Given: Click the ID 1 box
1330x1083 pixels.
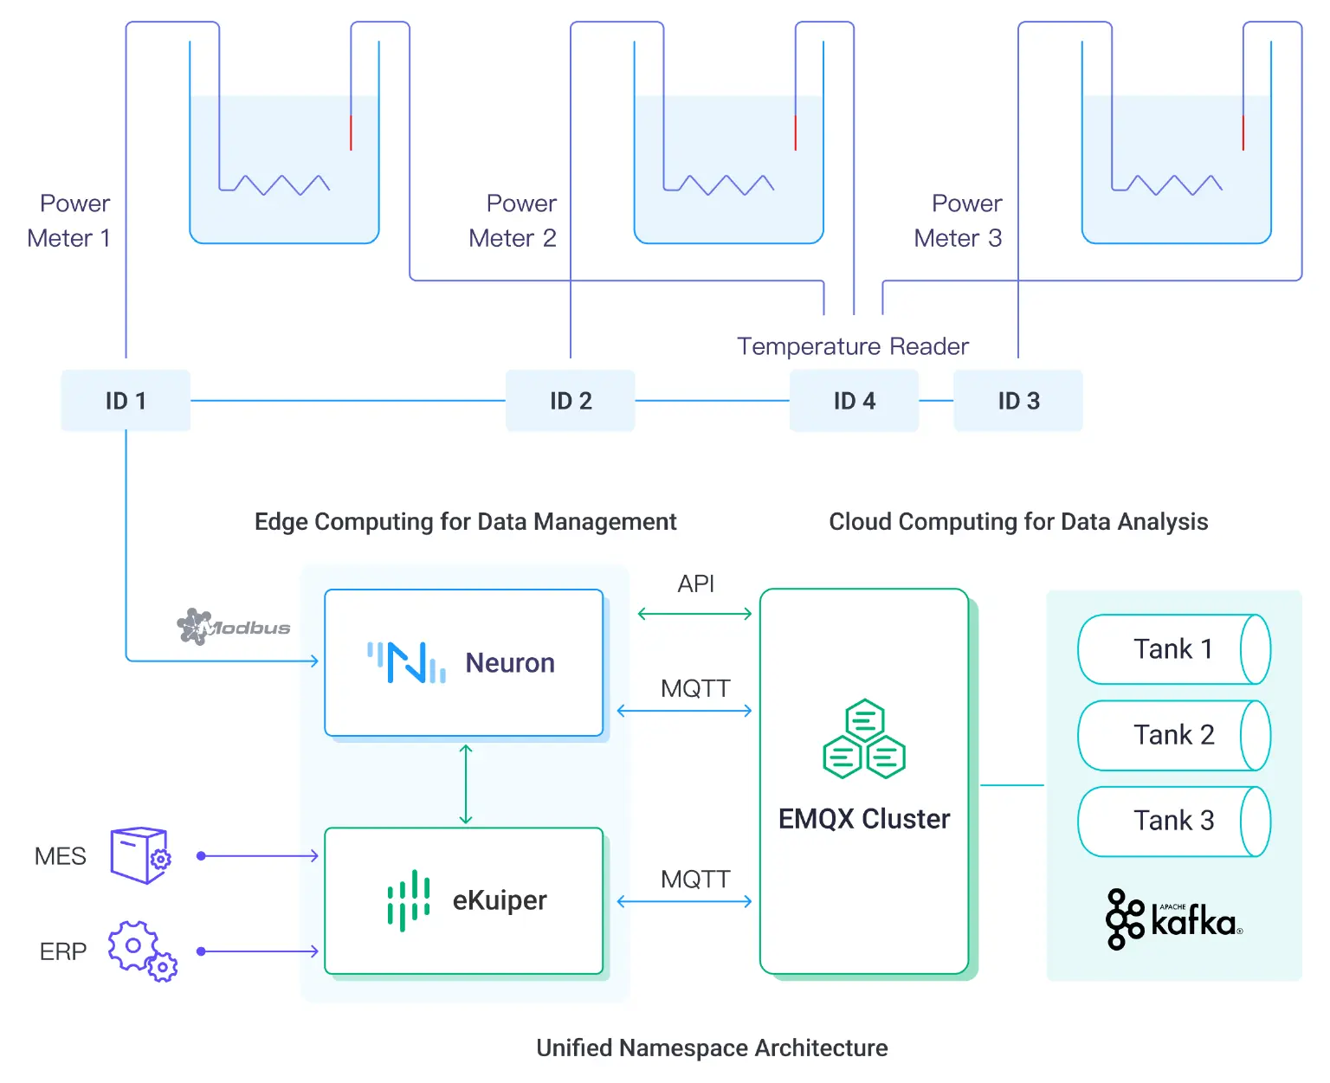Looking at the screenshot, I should tap(126, 401).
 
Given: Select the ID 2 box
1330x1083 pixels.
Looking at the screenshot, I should tap(571, 401).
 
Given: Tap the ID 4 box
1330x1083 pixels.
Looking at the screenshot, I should tap(854, 401).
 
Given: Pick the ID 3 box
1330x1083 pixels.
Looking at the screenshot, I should tap(1018, 401).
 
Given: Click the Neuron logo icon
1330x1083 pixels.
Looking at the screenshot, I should tap(406, 662).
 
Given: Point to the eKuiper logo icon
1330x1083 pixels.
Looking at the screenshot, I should tap(409, 900).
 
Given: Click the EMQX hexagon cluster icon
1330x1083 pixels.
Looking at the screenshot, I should tap(863, 739).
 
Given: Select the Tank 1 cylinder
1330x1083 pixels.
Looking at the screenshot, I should tap(1173, 649).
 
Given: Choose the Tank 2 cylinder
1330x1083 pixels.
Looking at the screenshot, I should tap(1173, 735).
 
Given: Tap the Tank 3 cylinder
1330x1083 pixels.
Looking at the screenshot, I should tap(1173, 821).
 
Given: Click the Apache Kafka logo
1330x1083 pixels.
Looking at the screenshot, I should tap(1173, 919).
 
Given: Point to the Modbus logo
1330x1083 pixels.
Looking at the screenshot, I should tap(233, 627).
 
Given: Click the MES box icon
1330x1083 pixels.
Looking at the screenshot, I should tap(140, 855).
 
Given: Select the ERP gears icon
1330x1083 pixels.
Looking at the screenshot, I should tap(142, 951).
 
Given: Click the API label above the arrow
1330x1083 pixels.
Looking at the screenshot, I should tap(695, 584).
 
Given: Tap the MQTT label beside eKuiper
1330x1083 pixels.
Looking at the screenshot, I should tap(695, 880).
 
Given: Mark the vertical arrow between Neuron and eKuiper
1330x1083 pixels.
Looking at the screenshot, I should tap(466, 783).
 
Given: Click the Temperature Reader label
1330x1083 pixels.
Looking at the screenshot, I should tap(852, 346).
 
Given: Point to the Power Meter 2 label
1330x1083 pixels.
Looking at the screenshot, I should tap(514, 221).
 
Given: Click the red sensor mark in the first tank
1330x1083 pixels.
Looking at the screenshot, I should tap(351, 132).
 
